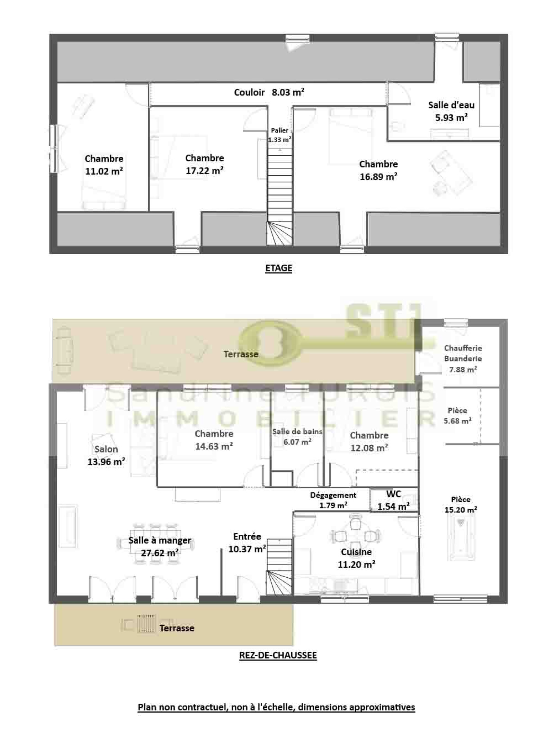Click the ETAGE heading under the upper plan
(x=278, y=268)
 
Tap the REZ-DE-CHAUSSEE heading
(x=278, y=655)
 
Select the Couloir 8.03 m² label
(x=269, y=92)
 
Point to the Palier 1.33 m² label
(x=279, y=135)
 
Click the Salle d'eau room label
(x=451, y=111)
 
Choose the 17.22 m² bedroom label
(x=204, y=164)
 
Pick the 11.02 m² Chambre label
(x=104, y=165)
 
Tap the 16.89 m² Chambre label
(x=378, y=170)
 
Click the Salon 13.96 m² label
(x=106, y=455)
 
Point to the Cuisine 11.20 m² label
(x=356, y=558)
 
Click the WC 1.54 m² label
(x=393, y=500)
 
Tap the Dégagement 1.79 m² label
(x=333, y=500)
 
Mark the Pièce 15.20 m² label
(x=461, y=504)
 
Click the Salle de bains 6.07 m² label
(x=297, y=436)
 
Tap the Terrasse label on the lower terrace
(x=177, y=628)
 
